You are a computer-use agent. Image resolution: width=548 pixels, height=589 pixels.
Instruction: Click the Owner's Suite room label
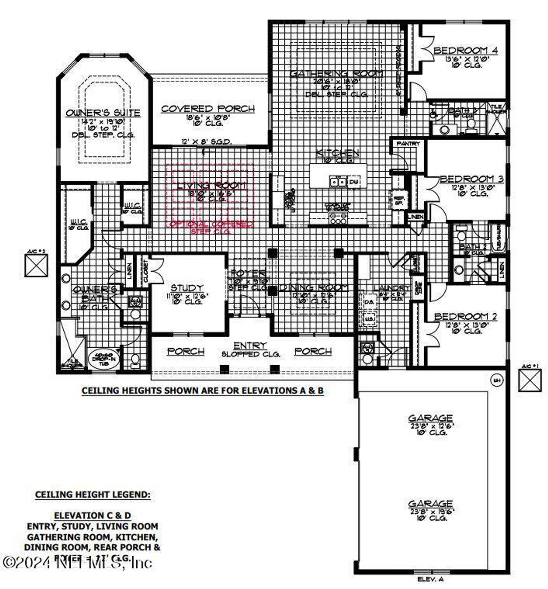point(103,113)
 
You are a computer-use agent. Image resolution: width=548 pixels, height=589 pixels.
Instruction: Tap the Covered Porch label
point(208,109)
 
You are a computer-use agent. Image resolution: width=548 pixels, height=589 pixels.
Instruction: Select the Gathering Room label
point(336,74)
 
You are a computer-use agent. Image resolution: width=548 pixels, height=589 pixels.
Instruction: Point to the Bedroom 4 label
point(465,51)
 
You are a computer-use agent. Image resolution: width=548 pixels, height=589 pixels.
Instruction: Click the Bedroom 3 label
point(471,179)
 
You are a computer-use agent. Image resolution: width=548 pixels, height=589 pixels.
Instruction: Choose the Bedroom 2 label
point(465,316)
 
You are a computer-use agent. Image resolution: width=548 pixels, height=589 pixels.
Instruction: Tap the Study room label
point(187,288)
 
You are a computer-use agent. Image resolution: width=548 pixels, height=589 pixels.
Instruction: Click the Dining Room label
point(313,288)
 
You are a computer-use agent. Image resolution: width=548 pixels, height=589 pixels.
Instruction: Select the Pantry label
point(408,144)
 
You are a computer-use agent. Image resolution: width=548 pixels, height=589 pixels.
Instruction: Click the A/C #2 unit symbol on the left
point(36,265)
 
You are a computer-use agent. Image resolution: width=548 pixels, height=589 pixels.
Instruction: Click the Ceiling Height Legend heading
point(92,495)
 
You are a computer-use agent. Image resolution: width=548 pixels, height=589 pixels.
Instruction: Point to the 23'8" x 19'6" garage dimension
point(430,511)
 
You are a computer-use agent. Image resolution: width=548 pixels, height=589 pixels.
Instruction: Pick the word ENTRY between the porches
point(250,345)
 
